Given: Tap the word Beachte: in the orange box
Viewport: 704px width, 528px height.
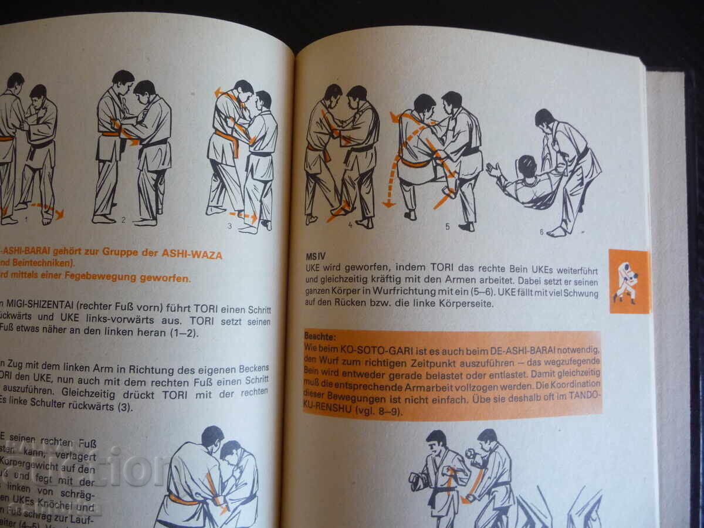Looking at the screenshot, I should (320, 337).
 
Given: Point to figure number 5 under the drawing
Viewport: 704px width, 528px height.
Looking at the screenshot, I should (447, 226).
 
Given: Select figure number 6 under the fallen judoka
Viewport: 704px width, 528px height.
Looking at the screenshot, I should (541, 232).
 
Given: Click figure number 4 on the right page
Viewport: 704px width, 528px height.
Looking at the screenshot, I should (350, 224).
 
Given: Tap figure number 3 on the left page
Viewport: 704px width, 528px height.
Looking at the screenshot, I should (230, 225).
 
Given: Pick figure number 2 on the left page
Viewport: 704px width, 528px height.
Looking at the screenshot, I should (124, 221).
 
